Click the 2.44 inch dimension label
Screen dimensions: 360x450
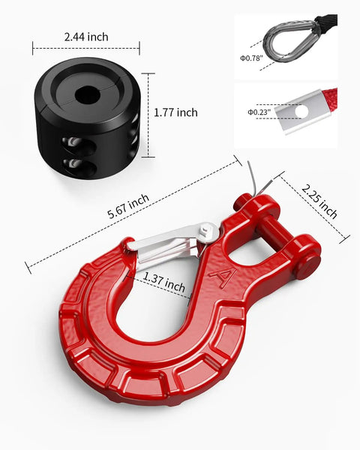point(86,37)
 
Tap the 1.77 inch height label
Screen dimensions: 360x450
point(175,112)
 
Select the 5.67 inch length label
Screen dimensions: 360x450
point(128,206)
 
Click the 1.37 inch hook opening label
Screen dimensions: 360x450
point(164,282)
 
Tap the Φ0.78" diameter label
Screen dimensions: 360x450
point(251,58)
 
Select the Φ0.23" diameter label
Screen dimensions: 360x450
point(259,112)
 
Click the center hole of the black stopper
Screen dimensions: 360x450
point(86,94)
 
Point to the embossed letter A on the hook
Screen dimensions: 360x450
point(223,277)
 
